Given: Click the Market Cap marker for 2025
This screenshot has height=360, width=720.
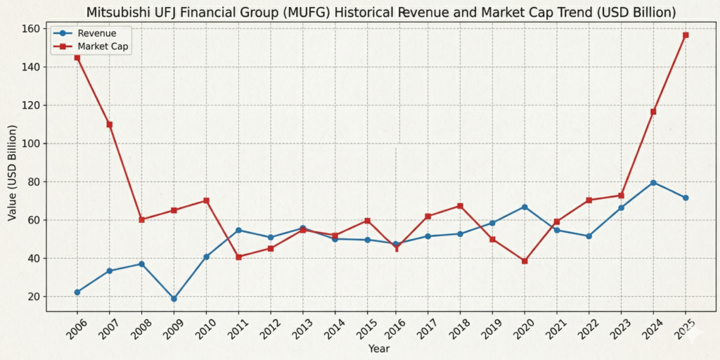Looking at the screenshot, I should click(686, 35).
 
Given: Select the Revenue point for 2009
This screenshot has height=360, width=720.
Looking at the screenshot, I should click(174, 299).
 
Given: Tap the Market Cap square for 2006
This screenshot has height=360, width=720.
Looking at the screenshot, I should click(77, 58).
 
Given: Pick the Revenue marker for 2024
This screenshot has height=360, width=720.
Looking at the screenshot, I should click(653, 183).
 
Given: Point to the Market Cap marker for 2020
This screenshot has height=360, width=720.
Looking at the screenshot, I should click(524, 261).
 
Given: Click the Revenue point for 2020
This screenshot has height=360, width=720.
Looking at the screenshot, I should click(524, 207).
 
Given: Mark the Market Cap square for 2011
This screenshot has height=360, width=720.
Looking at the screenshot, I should click(238, 257).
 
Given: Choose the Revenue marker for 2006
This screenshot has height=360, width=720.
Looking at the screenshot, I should click(77, 292).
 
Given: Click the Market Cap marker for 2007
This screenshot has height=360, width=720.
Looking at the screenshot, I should click(109, 124).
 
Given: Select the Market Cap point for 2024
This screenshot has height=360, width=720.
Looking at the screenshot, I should click(653, 112).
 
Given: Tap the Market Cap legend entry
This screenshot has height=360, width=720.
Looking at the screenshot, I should click(103, 46).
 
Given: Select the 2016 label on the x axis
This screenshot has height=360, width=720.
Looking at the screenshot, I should click(395, 328).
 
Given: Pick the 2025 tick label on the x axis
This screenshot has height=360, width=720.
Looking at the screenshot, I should click(685, 328).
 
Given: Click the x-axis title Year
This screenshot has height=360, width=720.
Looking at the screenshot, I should click(379, 348).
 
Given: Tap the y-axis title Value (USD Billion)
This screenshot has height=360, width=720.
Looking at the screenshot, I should click(12, 173).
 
